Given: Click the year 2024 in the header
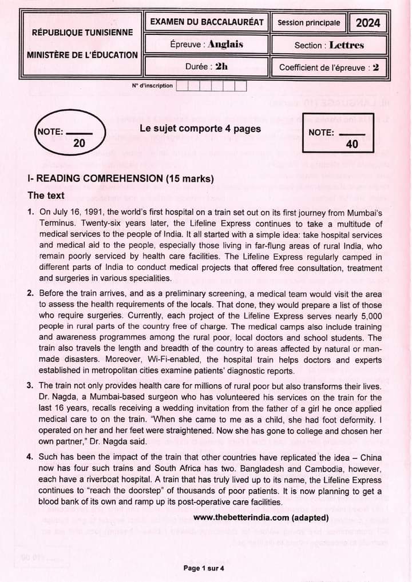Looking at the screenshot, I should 368,23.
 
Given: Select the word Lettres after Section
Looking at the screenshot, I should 347,45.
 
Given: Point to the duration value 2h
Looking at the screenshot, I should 221,66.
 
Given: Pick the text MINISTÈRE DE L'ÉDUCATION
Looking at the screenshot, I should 82,55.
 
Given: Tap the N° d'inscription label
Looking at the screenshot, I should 152,86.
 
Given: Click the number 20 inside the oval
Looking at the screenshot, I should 79,143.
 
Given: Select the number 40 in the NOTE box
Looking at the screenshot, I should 352,145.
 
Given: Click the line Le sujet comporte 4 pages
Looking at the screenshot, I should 200,129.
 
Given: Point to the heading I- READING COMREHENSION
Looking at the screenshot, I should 120,178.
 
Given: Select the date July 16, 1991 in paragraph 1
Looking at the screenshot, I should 78,212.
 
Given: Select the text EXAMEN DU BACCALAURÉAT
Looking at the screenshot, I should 207,22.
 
